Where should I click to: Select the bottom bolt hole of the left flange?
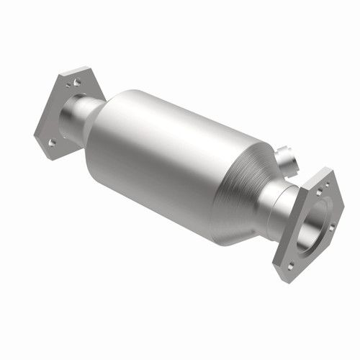pos(52,143)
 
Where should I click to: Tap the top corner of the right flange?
pos(323,170)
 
